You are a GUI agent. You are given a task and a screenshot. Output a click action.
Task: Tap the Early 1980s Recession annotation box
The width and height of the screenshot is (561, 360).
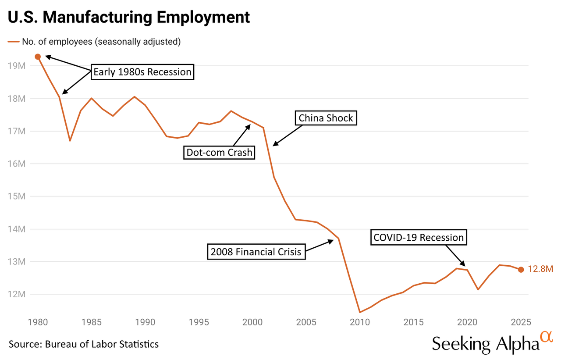coord(142,72)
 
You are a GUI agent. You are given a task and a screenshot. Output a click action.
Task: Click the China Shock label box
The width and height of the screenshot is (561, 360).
coord(326,118)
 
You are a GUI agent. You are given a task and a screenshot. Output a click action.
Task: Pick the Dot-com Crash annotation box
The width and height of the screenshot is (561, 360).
coord(219,152)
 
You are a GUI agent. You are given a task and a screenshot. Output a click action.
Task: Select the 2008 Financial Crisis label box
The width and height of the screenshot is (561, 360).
coord(256,252)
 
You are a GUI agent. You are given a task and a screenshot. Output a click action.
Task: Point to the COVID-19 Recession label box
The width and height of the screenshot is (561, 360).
coord(419,237)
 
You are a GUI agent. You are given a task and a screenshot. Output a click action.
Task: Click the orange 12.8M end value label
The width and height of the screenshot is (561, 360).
coord(540,269)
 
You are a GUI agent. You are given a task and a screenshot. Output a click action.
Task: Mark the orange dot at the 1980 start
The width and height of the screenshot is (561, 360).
coord(38,57)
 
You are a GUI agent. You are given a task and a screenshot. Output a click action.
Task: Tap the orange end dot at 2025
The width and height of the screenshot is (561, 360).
coord(521,270)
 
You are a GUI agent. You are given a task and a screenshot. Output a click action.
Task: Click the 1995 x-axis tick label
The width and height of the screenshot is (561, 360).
coord(199,322)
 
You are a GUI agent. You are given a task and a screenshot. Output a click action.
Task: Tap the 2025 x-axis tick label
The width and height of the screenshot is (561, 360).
coord(521,322)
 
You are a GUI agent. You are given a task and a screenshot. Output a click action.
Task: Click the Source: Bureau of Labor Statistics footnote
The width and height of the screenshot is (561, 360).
coord(83,344)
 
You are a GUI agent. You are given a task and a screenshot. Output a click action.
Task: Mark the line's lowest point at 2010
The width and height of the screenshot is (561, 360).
coord(359,312)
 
